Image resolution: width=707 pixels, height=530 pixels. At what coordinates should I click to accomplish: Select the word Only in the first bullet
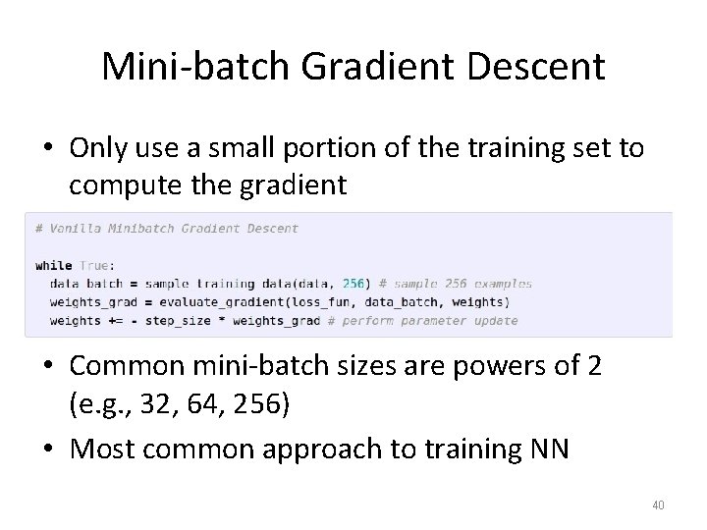point(98,148)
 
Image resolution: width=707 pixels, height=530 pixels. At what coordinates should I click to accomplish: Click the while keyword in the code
point(53,265)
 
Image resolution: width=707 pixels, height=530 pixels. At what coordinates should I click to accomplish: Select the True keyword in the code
point(95,265)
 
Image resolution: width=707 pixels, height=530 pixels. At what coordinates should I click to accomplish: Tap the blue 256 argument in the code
point(354,284)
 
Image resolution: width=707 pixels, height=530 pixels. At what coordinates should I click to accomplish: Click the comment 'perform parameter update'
point(431,320)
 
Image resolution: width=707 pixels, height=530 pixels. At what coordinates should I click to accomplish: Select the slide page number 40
point(658,505)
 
